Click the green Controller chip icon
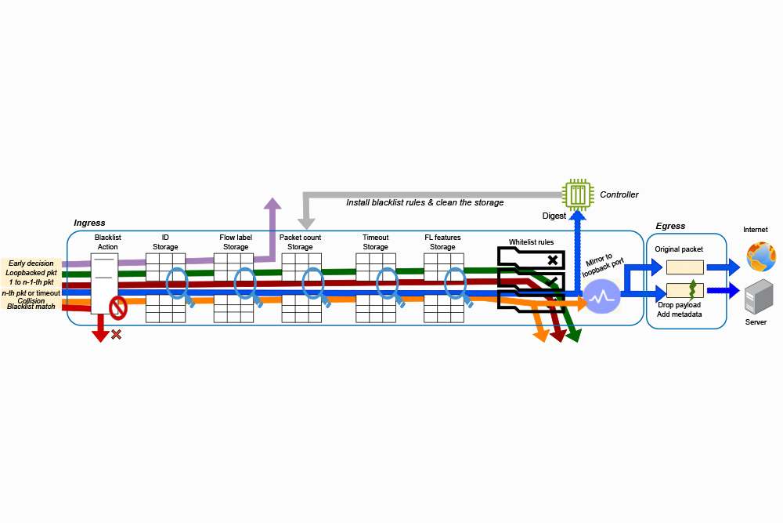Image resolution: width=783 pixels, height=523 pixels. point(577,195)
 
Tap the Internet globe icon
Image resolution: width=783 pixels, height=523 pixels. point(760,256)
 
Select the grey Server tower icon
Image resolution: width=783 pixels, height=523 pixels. point(756,297)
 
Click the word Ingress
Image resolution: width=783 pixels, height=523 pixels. point(89,223)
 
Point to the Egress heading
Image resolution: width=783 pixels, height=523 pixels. point(670,226)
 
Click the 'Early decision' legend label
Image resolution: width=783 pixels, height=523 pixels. point(31,263)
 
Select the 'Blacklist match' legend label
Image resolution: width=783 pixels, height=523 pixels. point(31,307)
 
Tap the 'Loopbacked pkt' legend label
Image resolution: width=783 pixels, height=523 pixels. point(31,272)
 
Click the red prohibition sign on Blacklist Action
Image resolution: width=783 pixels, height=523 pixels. point(117,307)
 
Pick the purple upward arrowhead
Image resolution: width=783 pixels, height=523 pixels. point(272,205)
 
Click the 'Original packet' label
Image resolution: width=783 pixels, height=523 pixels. point(679,249)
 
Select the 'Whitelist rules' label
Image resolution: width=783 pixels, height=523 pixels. point(531,242)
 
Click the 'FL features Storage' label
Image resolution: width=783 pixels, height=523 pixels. point(442,242)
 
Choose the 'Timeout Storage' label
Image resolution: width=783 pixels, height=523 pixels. point(375,242)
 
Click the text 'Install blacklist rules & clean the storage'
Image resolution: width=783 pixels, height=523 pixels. point(425,202)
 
